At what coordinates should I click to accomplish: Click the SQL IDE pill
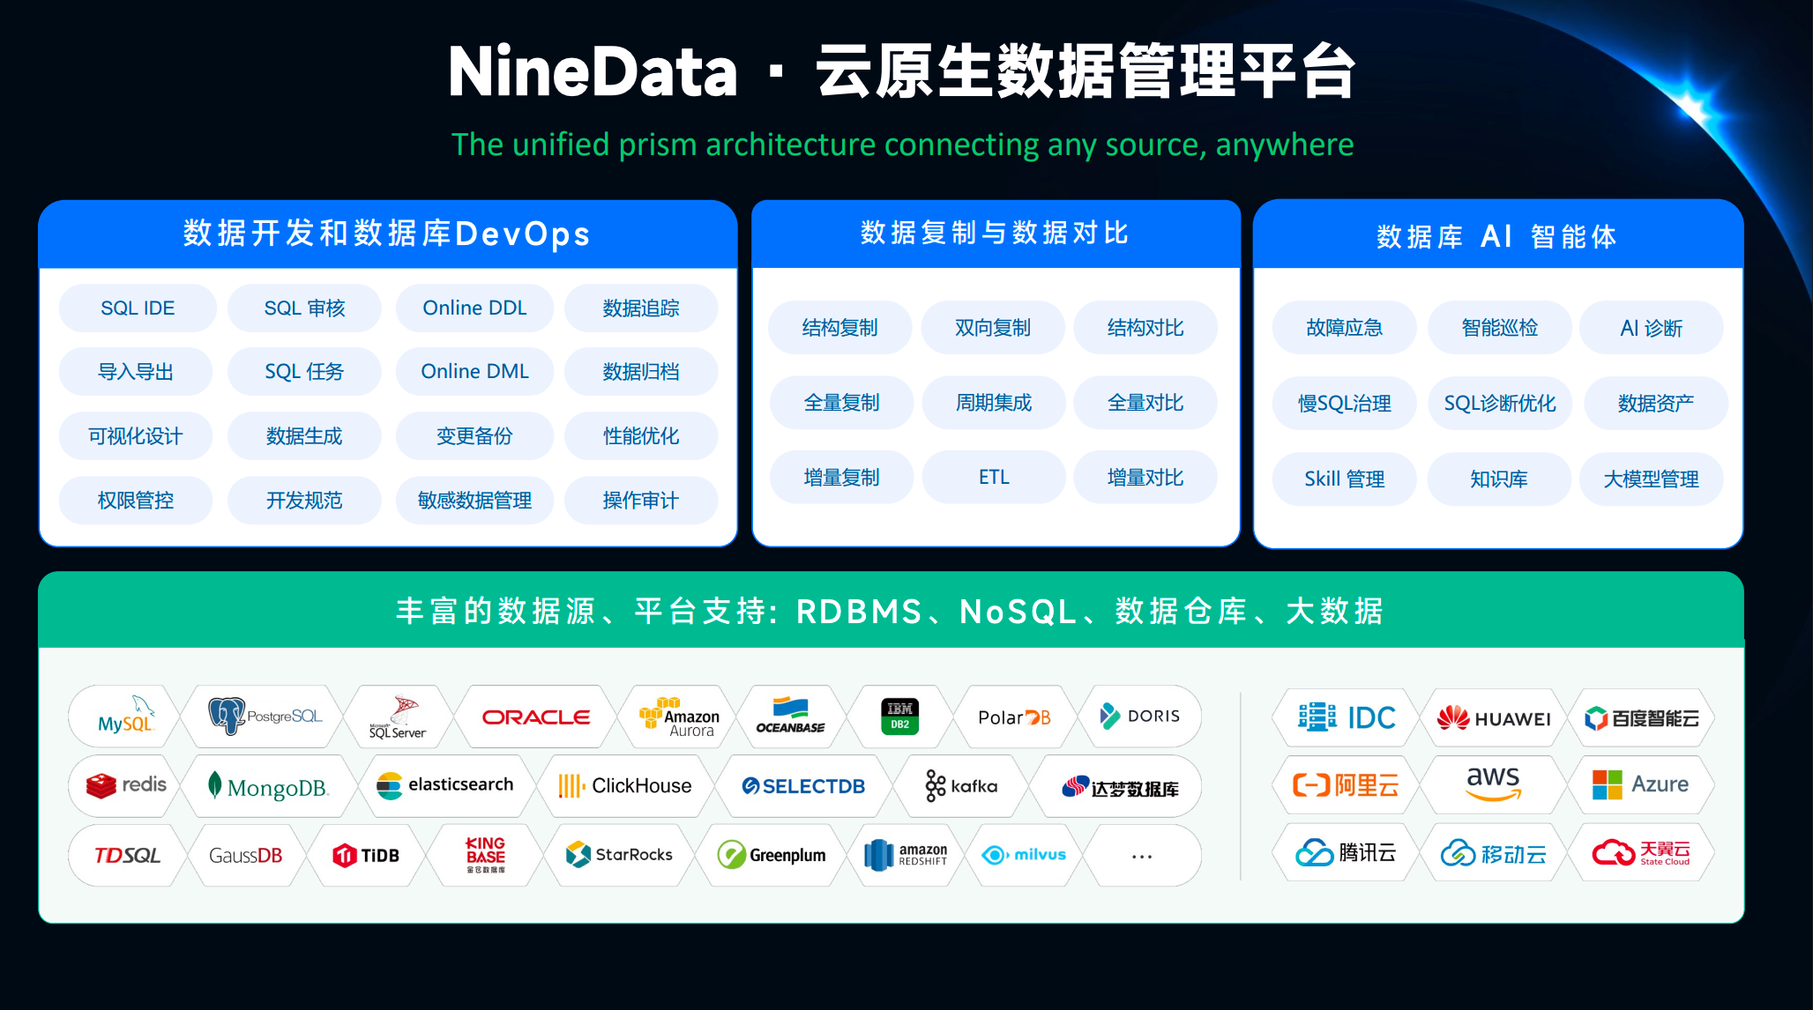pos(138,308)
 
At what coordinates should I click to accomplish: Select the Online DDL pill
pos(474,308)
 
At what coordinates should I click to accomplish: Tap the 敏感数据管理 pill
pos(474,501)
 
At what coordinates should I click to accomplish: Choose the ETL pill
pos(994,478)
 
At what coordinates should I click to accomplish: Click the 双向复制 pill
pos(993,328)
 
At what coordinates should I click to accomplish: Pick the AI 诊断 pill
pos(1651,328)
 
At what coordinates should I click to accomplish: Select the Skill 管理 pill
pos(1344,479)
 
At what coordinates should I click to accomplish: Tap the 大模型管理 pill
pos(1651,479)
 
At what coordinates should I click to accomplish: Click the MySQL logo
pos(126,717)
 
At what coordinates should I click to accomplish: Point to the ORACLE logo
pos(536,717)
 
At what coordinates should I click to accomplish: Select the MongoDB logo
pos(268,786)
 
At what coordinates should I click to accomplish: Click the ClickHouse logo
pos(624,785)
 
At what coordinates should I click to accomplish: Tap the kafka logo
pos(961,785)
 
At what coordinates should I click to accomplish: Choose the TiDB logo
pos(366,855)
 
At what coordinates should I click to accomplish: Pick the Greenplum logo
pos(772,855)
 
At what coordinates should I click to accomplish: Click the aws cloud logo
pos(1493,783)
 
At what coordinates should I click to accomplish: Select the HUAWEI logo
pos(1493,718)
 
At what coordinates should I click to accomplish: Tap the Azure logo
pos(1640,783)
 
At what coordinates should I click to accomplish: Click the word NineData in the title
pos(593,72)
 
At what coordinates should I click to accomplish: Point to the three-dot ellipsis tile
pos(1142,856)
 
